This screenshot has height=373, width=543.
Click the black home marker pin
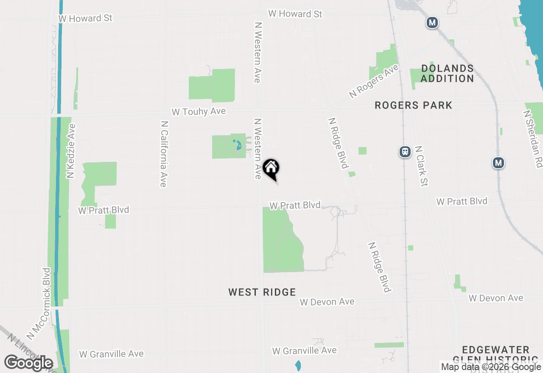pyautogui.click(x=271, y=168)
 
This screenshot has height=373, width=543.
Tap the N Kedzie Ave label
pyautogui.click(x=71, y=150)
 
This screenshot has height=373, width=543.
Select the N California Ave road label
pyautogui.click(x=164, y=154)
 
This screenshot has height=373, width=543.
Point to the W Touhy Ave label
pyautogui.click(x=199, y=111)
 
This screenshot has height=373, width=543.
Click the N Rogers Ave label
pyautogui.click(x=374, y=81)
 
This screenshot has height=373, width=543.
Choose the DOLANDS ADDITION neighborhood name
pyautogui.click(x=447, y=73)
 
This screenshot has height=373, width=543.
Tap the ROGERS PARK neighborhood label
pyautogui.click(x=414, y=105)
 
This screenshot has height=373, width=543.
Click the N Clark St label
pyautogui.click(x=422, y=166)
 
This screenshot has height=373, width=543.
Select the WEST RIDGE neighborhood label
pyautogui.click(x=262, y=292)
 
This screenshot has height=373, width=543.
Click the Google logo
pyautogui.click(x=28, y=363)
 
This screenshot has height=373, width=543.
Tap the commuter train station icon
pyautogui.click(x=405, y=151)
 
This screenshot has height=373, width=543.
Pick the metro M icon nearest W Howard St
pyautogui.click(x=432, y=22)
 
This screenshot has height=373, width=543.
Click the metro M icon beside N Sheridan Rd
pyautogui.click(x=498, y=162)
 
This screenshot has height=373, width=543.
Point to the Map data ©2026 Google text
pyautogui.click(x=491, y=367)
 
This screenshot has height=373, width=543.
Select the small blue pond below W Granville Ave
pyautogui.click(x=298, y=365)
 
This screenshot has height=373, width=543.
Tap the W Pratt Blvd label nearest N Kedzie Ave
pyautogui.click(x=104, y=210)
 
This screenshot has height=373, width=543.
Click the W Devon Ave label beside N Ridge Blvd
pyautogui.click(x=327, y=302)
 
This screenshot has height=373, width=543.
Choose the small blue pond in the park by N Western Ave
pyautogui.click(x=238, y=145)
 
